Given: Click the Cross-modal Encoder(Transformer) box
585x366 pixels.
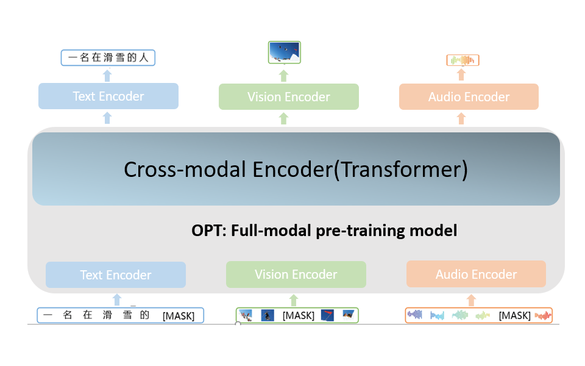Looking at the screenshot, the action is point(296,169).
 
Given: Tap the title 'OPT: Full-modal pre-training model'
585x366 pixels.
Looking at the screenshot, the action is point(324,231).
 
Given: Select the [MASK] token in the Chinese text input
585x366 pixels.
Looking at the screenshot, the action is point(179,316).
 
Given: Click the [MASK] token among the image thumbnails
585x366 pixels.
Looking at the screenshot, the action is point(299,315).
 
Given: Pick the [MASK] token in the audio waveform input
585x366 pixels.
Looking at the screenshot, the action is point(514,315).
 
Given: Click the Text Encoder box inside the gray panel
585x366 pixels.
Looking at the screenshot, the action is point(116,275).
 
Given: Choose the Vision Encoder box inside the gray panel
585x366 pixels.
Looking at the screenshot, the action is point(296,274).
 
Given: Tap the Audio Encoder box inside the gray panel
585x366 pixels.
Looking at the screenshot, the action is point(476,274).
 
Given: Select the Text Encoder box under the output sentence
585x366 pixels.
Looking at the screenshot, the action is point(108,96).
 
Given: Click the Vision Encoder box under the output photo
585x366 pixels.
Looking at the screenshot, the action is point(289,97).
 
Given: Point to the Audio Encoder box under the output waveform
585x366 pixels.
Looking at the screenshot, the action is point(469,97).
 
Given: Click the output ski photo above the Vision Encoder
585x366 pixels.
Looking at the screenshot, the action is point(285,52).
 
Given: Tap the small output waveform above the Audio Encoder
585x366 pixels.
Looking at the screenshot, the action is point(463,60).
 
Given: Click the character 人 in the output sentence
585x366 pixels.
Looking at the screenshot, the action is point(144,57).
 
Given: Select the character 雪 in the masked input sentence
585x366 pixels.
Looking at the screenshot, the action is point(127,315).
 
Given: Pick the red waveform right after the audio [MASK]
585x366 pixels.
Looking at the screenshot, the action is point(543,316).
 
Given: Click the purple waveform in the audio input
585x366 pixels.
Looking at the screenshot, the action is point(414,315).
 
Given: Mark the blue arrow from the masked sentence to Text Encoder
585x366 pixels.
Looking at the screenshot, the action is point(117,300).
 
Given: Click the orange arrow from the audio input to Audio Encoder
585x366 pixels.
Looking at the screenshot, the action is point(471,300).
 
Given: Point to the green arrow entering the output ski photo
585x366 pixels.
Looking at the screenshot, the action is point(283,76).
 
